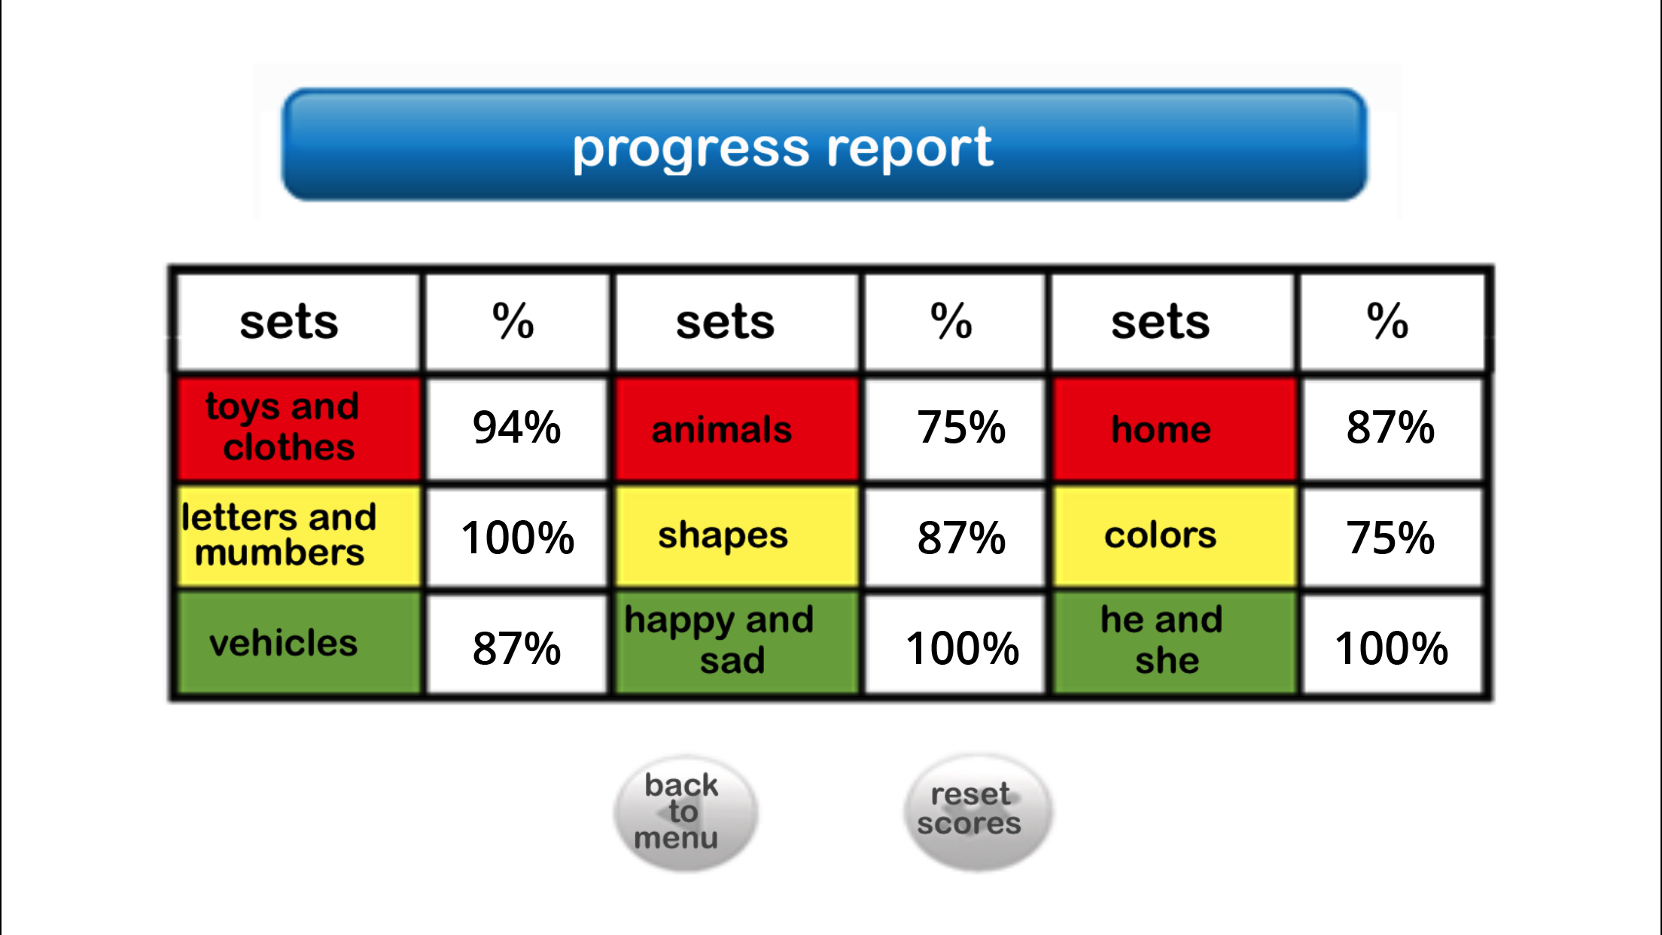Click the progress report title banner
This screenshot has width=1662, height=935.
point(824,145)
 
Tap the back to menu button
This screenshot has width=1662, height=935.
point(685,813)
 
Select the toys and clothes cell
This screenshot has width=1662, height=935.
point(298,429)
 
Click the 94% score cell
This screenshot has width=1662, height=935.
point(517,429)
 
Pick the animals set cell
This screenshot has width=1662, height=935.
point(737,429)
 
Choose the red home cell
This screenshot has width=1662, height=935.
point(1174,429)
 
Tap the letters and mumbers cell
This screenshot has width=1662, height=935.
point(298,537)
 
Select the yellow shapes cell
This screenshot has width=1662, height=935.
point(737,537)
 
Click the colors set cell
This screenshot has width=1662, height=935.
point(1174,537)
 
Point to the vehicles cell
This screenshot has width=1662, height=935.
point(298,644)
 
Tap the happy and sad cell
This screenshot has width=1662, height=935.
point(737,644)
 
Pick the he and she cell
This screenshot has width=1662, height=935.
point(1174,644)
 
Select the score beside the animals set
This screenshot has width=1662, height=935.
point(955,429)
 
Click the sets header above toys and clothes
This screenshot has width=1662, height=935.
point(298,322)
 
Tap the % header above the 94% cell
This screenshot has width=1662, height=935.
point(517,322)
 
